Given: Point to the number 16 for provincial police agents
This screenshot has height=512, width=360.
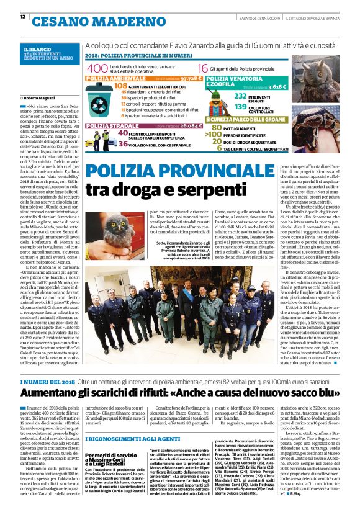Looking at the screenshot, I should point(203,68).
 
